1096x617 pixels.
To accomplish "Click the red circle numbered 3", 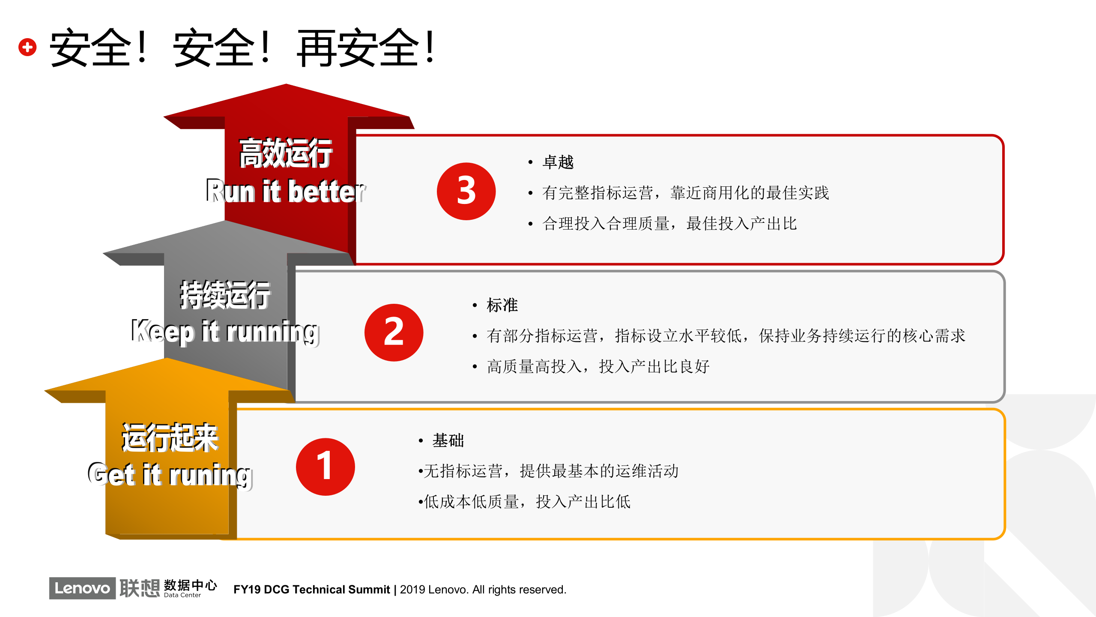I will pyautogui.click(x=466, y=191).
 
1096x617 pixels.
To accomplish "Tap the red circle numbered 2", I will pyautogui.click(x=394, y=332).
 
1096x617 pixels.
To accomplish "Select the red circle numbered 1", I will pyautogui.click(x=325, y=467).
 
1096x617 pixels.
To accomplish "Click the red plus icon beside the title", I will pyautogui.click(x=27, y=47).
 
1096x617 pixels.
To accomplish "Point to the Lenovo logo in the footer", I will pyautogui.click(x=82, y=588).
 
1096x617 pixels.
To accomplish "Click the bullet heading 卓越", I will pyautogui.click(x=558, y=162).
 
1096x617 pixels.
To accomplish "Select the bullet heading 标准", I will pyautogui.click(x=502, y=305).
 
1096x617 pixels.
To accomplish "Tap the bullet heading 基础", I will pyautogui.click(x=448, y=440).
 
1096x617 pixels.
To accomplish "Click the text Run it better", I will pyautogui.click(x=286, y=191).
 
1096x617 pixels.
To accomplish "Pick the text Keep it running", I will pyautogui.click(x=225, y=331).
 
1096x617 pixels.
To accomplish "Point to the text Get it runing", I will pyautogui.click(x=170, y=475).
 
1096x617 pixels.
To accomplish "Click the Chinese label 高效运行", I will pyautogui.click(x=286, y=153).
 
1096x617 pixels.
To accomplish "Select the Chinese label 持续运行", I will pyautogui.click(x=225, y=295).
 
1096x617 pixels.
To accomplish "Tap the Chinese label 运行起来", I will pyautogui.click(x=170, y=437).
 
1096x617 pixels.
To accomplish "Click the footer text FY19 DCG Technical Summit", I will pyautogui.click(x=311, y=590).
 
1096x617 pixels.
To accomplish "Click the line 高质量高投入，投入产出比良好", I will pyautogui.click(x=598, y=366).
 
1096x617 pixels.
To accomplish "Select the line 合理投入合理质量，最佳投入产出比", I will pyautogui.click(x=669, y=223).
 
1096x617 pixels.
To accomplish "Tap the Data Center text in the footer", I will pyautogui.click(x=182, y=595).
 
